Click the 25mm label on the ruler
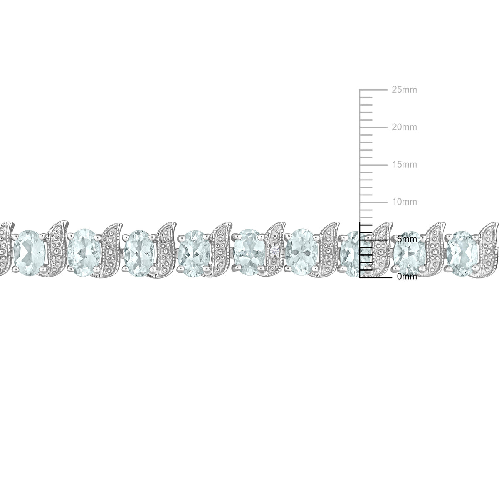404,90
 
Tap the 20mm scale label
404,127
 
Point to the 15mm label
405,164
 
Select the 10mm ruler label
405,202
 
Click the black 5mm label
407,239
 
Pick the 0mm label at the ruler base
407,277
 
